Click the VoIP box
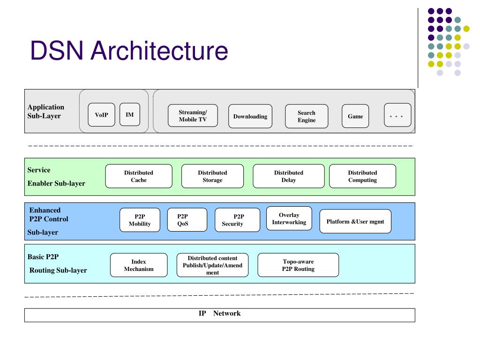tap(101, 115)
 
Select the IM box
tap(130, 114)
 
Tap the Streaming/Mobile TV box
tap(193, 116)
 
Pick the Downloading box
tap(250, 116)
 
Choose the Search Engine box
tap(307, 116)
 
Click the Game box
tap(355, 116)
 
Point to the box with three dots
tap(397, 115)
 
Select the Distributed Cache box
tap(139, 176)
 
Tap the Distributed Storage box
tap(212, 176)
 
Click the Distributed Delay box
tap(289, 176)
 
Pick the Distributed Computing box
tap(362, 176)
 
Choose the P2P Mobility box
tap(140, 220)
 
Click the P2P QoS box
tap(187, 220)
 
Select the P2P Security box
tap(238, 220)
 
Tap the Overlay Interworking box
tap(289, 218)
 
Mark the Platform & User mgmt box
tap(355, 221)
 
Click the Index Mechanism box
tap(139, 265)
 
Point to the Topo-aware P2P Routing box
tap(298, 265)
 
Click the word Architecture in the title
tap(159, 50)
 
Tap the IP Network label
tap(219, 313)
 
